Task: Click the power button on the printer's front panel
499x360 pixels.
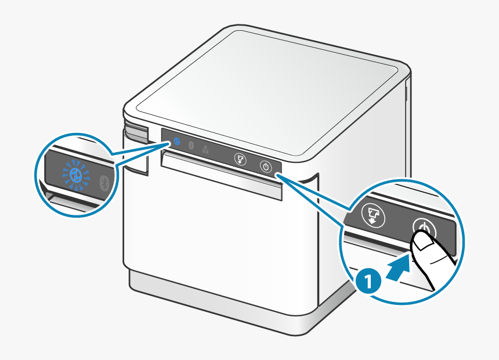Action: (266, 166)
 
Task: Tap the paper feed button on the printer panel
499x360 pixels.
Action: (240, 159)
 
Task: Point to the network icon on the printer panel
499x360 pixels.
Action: (205, 149)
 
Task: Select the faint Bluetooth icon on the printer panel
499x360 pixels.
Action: (191, 145)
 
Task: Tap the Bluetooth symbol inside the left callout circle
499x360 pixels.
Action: (105, 183)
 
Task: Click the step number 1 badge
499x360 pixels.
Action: (368, 282)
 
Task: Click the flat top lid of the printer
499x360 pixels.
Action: (267, 93)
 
